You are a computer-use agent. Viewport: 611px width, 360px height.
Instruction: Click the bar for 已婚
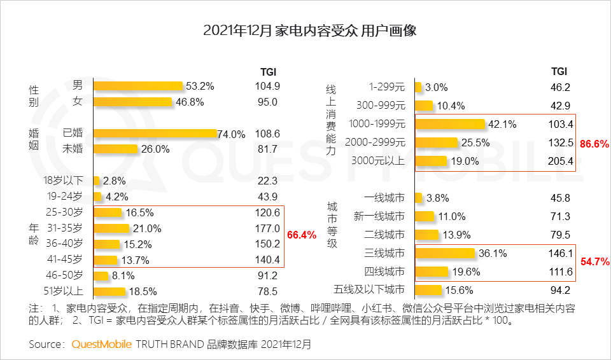pos(156,134)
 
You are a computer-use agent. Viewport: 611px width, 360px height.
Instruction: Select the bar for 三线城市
pos(445,254)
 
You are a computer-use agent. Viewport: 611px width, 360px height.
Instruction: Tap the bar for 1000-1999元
pos(450,124)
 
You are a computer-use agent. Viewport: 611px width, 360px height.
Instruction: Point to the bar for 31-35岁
pos(112,228)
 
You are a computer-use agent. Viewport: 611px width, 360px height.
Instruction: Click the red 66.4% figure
pos(302,235)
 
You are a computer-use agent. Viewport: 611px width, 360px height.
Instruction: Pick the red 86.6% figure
pos(595,144)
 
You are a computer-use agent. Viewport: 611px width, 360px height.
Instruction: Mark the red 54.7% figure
pos(595,261)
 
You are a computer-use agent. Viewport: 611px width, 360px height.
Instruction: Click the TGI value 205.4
pos(561,162)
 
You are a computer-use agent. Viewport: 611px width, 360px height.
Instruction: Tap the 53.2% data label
pos(200,86)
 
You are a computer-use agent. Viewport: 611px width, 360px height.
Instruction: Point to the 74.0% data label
pos(231,134)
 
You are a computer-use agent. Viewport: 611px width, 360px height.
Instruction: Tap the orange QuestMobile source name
pos(102,344)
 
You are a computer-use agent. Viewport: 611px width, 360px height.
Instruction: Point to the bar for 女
pos(133,102)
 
